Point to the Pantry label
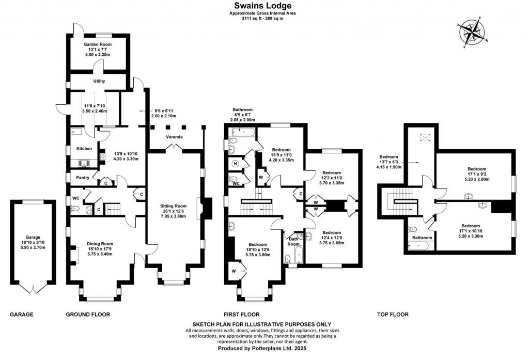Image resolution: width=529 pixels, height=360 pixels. (83, 177)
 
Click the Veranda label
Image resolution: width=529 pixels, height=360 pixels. (174, 137)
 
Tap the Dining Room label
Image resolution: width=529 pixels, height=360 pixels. (100, 244)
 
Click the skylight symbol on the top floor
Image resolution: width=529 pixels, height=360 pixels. (426, 138)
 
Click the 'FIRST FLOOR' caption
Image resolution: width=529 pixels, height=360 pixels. (241, 314)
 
